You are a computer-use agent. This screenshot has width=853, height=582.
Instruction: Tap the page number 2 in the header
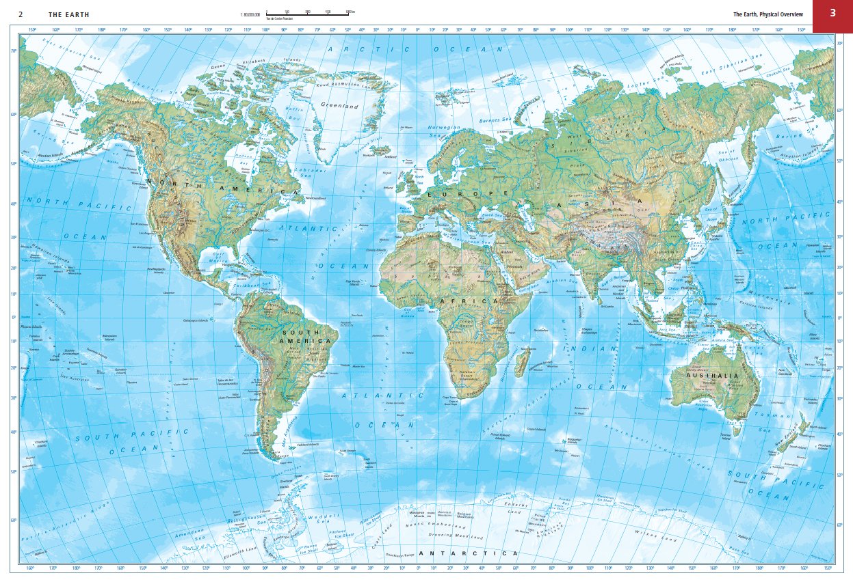[x=21, y=14]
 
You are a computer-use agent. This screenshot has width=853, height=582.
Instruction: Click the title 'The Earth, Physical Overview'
[x=770, y=14]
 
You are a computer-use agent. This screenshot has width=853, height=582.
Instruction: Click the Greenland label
[x=340, y=107]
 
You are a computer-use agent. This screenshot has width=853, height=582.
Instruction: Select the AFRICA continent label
[x=479, y=301]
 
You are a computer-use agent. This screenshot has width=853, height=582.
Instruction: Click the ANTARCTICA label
[x=468, y=553]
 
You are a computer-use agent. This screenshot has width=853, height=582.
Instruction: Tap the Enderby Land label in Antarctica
[x=514, y=508]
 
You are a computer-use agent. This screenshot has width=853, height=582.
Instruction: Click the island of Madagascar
[x=521, y=361]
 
